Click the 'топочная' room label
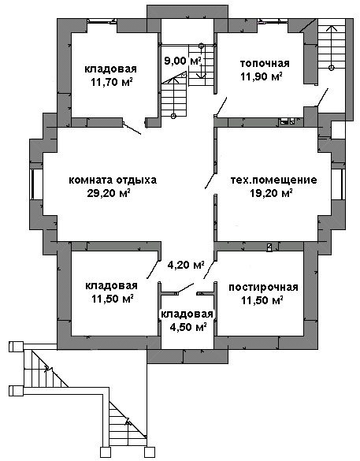click(x=265, y=64)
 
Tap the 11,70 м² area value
click(x=111, y=82)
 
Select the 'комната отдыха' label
click(x=113, y=180)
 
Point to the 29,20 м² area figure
click(x=109, y=193)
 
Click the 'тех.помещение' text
click(x=273, y=180)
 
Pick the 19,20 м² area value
click(x=271, y=193)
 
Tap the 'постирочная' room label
click(x=263, y=287)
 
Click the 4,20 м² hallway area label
click(x=186, y=266)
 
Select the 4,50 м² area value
click(x=187, y=327)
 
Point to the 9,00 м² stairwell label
click(x=183, y=61)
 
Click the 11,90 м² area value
click(x=262, y=76)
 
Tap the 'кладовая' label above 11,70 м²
click(x=111, y=69)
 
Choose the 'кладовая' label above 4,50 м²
click(x=187, y=314)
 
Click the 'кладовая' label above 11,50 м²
click(x=111, y=285)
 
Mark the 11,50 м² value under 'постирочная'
click(x=262, y=300)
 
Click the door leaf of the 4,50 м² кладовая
click(x=185, y=288)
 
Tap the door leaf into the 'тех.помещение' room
click(x=210, y=180)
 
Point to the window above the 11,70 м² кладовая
click(x=102, y=21)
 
